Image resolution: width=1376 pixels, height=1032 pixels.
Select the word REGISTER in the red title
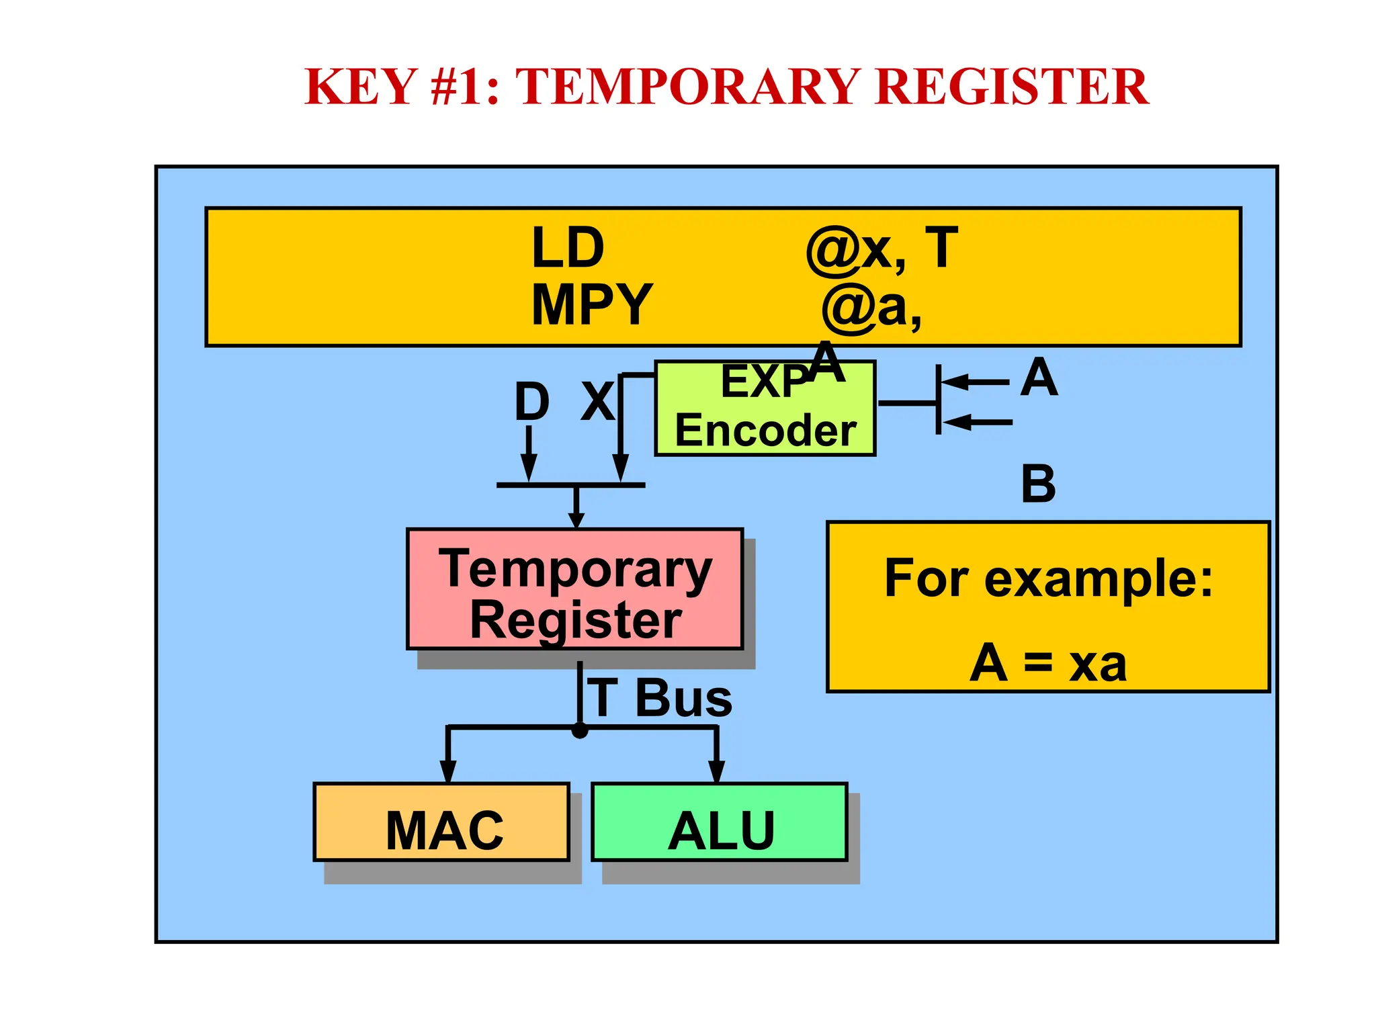[1012, 87]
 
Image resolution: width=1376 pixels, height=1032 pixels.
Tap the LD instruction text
[568, 248]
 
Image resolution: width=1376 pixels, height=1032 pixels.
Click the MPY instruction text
[591, 305]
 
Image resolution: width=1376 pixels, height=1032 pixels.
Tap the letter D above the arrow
[531, 402]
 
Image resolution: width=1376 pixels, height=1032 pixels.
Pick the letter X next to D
[597, 402]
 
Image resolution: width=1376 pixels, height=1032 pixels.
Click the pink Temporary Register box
[575, 590]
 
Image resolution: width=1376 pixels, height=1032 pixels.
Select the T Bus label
[660, 698]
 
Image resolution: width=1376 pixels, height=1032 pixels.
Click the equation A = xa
[1048, 664]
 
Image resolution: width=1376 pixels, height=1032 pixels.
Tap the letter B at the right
[1038, 484]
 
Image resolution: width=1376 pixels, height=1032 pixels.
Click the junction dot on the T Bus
[580, 730]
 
